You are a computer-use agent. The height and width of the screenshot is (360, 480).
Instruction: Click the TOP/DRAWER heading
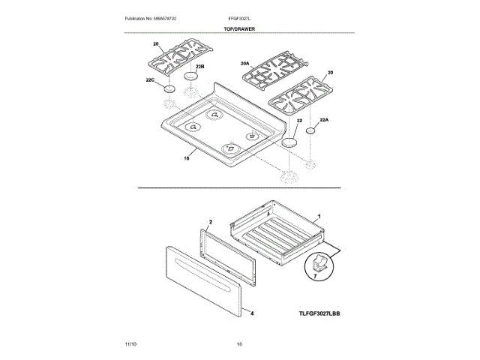pyautogui.click(x=239, y=27)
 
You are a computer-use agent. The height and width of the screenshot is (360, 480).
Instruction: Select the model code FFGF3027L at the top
pyautogui.click(x=240, y=17)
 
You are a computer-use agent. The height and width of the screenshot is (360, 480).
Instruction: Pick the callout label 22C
pyautogui.click(x=150, y=80)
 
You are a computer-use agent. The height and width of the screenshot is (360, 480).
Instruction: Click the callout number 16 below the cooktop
pyautogui.click(x=187, y=157)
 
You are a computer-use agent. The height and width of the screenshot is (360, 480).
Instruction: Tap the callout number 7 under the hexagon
pyautogui.click(x=315, y=277)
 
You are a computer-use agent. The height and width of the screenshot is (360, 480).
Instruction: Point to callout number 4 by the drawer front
pyautogui.click(x=252, y=314)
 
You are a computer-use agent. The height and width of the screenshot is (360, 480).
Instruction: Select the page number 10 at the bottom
pyautogui.click(x=239, y=343)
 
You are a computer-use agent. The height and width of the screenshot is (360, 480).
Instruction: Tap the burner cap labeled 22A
pyautogui.click(x=310, y=130)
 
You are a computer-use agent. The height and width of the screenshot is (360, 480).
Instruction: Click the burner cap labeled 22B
pyautogui.click(x=192, y=77)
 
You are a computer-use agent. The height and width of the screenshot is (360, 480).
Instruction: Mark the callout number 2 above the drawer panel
pyautogui.click(x=210, y=222)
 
